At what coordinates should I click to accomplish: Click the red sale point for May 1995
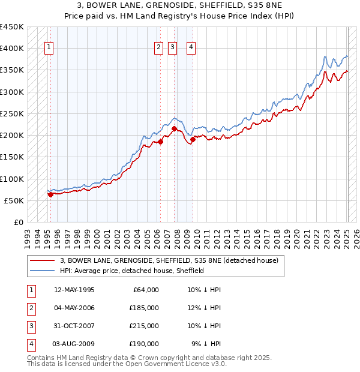[50, 194]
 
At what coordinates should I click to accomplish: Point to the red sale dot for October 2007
[174, 128]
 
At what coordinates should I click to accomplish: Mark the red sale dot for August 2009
[193, 140]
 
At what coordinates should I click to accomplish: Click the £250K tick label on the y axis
[12, 113]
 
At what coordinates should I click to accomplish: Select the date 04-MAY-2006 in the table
[74, 308]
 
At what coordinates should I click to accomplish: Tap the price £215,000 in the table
[144, 326]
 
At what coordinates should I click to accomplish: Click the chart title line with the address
[180, 6]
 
